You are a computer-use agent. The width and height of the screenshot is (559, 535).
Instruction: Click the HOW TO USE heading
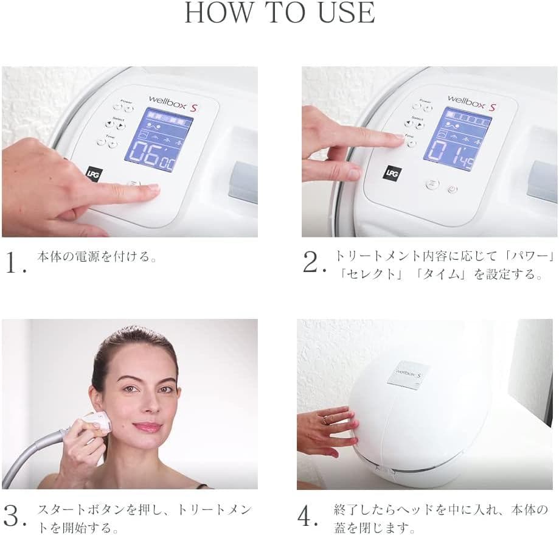point(279,13)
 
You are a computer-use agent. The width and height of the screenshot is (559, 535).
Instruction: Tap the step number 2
point(313,263)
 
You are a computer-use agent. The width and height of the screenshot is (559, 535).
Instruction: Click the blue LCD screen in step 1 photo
point(158,139)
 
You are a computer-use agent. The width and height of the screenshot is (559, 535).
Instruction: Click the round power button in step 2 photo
point(452,189)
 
